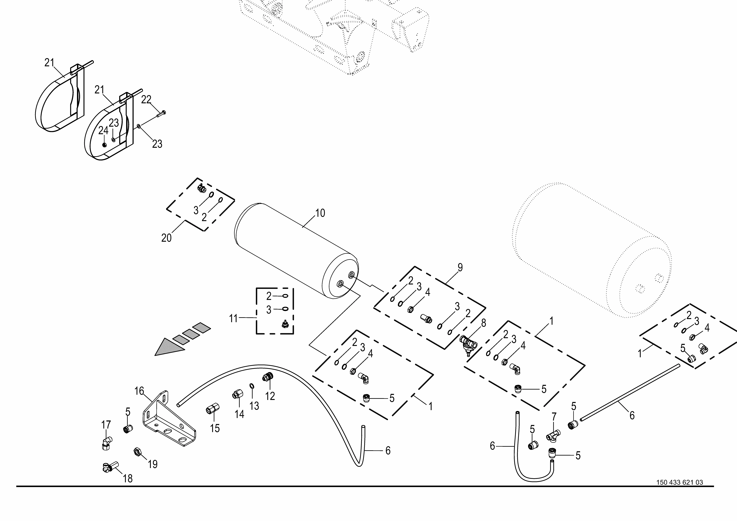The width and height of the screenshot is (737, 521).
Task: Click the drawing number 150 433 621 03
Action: (x=680, y=491)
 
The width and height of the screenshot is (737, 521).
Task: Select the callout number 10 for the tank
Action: (x=320, y=213)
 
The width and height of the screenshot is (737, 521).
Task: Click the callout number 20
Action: (x=166, y=238)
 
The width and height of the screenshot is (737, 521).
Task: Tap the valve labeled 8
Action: (x=468, y=344)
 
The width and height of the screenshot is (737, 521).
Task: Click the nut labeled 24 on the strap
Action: (x=104, y=145)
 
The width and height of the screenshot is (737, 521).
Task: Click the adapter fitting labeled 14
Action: (x=237, y=394)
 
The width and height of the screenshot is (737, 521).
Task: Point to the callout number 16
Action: (x=139, y=391)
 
